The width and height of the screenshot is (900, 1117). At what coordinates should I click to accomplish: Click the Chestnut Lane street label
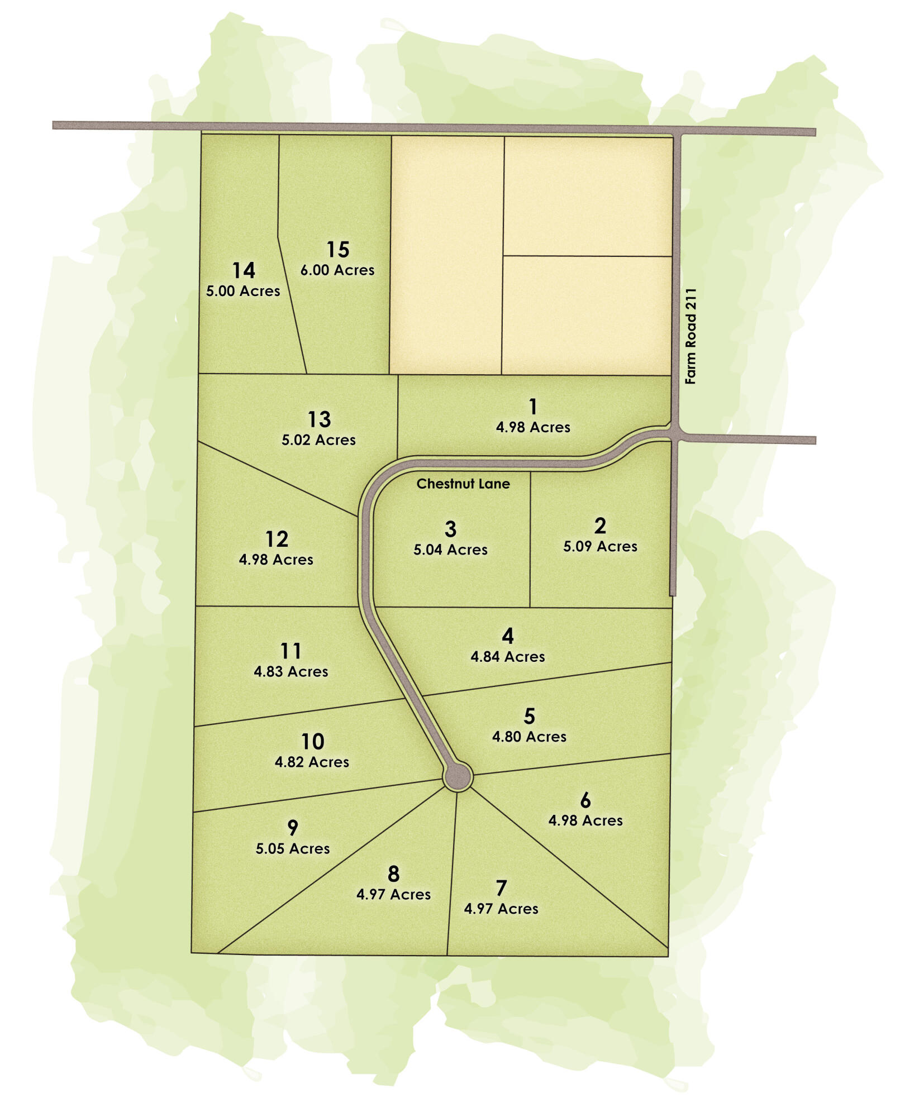[x=463, y=484]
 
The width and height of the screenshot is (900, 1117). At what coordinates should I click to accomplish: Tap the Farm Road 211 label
[x=691, y=336]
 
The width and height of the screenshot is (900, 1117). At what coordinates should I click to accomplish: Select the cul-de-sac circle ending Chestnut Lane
[x=458, y=776]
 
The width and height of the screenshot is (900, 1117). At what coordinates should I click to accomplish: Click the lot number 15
[x=338, y=249]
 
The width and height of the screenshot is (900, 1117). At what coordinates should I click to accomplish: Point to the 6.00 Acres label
[x=337, y=270]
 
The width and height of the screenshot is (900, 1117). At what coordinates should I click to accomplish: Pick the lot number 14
[x=244, y=270]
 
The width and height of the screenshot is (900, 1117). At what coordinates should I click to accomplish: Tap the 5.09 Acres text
[x=600, y=546]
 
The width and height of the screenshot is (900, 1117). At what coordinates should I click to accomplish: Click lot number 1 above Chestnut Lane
[x=533, y=406]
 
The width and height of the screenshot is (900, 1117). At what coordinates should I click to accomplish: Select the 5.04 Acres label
[x=450, y=550]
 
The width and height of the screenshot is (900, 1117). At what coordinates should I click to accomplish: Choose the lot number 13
[x=319, y=419]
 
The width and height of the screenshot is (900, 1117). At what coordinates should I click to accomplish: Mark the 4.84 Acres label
[x=507, y=657]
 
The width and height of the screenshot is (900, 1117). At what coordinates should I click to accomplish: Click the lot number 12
[x=277, y=539]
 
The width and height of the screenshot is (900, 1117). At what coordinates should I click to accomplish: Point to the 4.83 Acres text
[x=291, y=671]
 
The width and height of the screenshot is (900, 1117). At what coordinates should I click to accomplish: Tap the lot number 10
[x=312, y=742]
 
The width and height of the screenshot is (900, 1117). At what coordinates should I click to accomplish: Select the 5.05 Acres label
[x=293, y=848]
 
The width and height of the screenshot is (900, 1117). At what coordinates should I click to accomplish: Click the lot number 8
[x=393, y=873]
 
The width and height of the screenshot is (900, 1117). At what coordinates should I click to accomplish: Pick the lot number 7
[x=501, y=888]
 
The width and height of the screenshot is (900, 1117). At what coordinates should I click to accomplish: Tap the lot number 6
[x=585, y=800]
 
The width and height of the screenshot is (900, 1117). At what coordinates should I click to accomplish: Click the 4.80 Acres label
[x=529, y=737]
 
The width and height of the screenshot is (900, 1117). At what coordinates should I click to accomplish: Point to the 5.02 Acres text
[x=318, y=440]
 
